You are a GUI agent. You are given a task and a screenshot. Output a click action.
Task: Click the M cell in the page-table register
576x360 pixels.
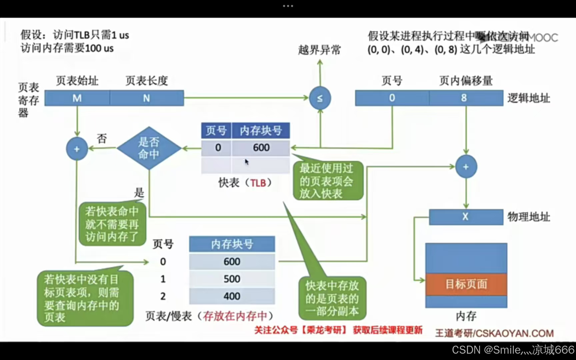click(x=77, y=98)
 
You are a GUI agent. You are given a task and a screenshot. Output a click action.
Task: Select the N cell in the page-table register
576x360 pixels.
click(x=147, y=98)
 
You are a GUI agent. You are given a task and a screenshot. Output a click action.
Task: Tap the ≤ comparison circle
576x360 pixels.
click(x=320, y=98)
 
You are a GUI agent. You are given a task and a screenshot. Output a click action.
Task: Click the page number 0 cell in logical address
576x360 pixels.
click(x=392, y=98)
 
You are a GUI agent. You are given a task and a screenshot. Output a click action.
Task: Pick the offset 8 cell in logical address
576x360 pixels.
click(x=466, y=98)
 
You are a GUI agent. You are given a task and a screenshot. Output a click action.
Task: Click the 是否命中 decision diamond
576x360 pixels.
click(x=149, y=148)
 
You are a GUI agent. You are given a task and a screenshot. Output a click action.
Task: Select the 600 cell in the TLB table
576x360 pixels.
click(x=261, y=147)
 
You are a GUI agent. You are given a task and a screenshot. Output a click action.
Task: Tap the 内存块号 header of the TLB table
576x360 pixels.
click(x=261, y=130)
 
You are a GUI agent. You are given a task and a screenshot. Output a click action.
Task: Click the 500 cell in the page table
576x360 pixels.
click(x=232, y=279)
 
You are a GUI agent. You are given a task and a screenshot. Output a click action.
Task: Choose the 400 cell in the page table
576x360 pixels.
click(x=232, y=296)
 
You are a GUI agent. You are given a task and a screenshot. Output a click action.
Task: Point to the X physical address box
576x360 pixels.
click(x=466, y=217)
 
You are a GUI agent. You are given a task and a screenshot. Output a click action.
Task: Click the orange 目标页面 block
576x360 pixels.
click(x=466, y=284)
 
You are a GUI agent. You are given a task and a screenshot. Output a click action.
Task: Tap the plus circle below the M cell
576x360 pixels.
click(x=77, y=149)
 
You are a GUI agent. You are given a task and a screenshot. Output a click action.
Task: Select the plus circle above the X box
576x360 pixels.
click(x=466, y=167)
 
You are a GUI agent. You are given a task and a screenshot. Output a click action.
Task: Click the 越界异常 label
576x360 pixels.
click(x=319, y=50)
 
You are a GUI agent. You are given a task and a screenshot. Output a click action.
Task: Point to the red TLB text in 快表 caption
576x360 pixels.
click(x=258, y=183)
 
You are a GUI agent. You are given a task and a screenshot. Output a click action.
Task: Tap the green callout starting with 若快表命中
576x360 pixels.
click(x=112, y=224)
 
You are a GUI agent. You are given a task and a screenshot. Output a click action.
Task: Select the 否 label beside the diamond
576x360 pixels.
click(x=102, y=138)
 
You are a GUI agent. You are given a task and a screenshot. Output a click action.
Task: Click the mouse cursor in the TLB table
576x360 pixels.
click(x=247, y=162)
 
